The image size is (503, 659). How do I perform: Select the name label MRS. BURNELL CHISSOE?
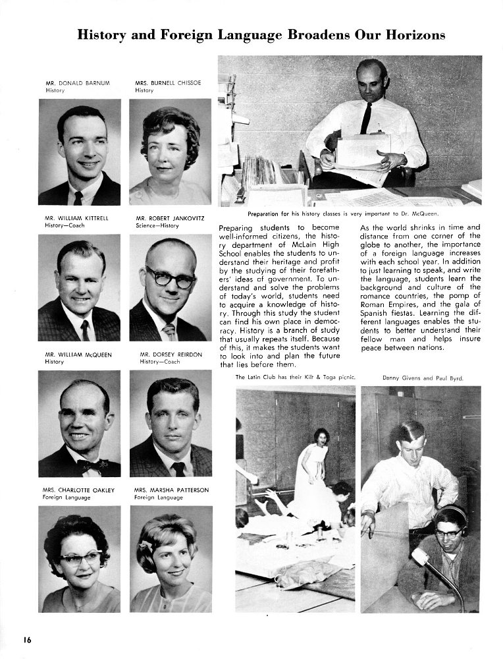coord(168,83)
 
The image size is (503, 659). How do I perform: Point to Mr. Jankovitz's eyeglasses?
coord(170,278)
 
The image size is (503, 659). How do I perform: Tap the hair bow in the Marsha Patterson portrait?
coord(146,546)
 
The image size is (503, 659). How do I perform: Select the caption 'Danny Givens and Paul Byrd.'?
coord(422,378)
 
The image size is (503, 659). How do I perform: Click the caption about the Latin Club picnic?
coord(296,378)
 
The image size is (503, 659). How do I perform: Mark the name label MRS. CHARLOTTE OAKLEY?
coord(80,490)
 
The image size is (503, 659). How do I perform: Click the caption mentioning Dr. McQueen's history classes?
coord(343,214)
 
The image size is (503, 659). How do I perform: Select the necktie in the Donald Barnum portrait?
coord(78,198)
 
